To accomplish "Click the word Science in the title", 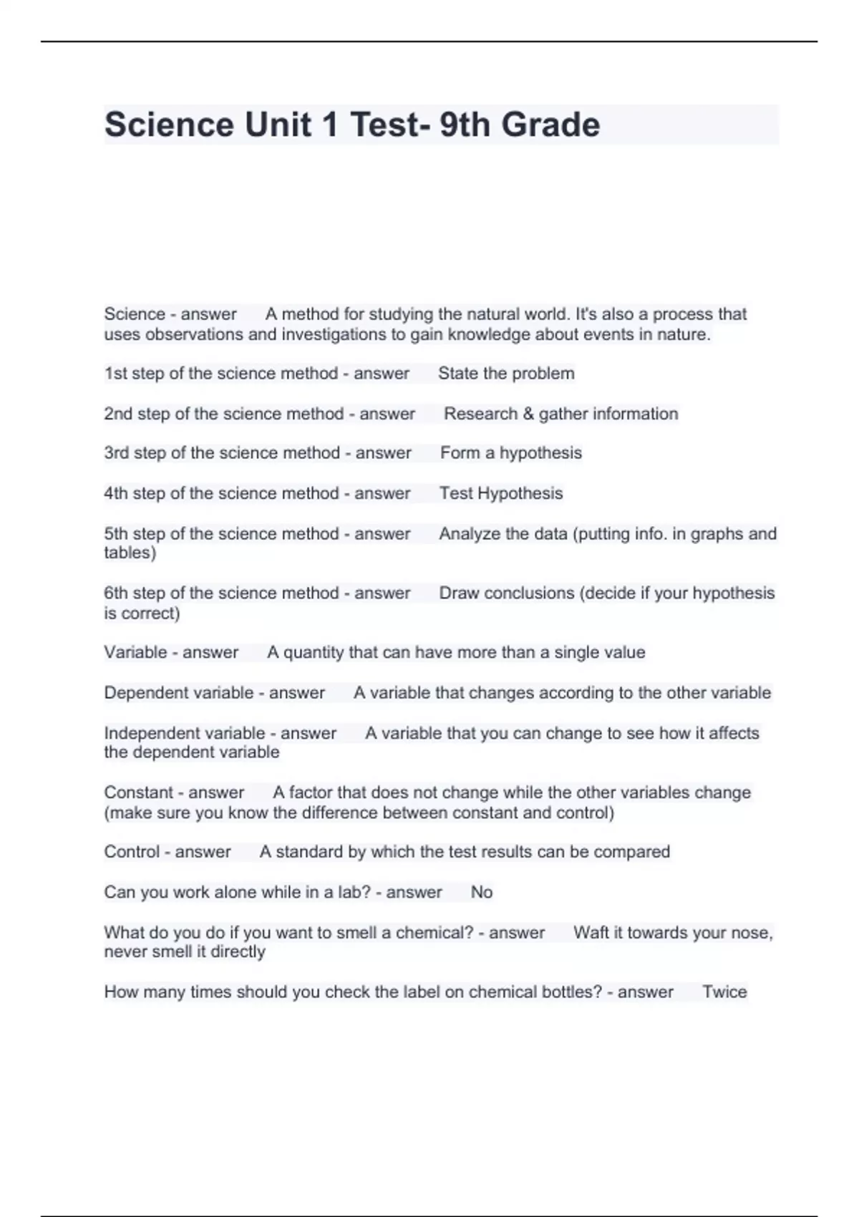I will [x=169, y=125].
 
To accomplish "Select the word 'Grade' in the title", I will [x=550, y=125].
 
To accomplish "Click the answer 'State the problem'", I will [x=506, y=374].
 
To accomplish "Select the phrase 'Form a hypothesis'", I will [x=510, y=453].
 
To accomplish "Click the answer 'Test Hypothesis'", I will [x=501, y=493].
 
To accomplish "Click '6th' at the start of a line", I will [x=116, y=593].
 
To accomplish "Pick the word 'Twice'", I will [x=724, y=992].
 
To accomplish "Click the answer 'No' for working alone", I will [x=482, y=893].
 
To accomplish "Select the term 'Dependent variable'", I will [x=179, y=693].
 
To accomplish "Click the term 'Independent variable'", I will [x=185, y=733].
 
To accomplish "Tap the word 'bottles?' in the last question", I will [x=573, y=992].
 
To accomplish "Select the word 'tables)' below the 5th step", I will [x=130, y=553].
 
